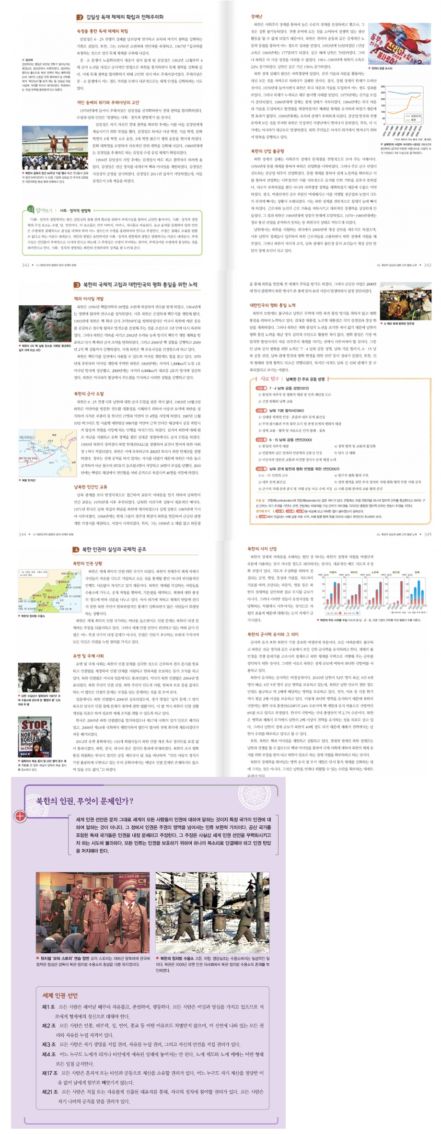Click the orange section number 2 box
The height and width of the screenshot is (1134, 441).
click(80, 17)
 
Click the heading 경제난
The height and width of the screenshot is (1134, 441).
click(256, 16)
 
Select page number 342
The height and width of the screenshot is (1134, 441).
click(26, 265)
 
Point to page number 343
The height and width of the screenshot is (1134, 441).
click(427, 265)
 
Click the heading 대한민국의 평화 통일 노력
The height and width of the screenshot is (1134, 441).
click(272, 305)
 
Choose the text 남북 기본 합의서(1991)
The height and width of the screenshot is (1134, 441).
click(286, 411)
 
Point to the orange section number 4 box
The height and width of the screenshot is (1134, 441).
click(76, 549)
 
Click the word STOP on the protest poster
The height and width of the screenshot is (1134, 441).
click(34, 724)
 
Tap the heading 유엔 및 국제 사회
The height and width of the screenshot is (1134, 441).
click(88, 656)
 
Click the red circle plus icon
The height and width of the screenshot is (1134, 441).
click(20, 816)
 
